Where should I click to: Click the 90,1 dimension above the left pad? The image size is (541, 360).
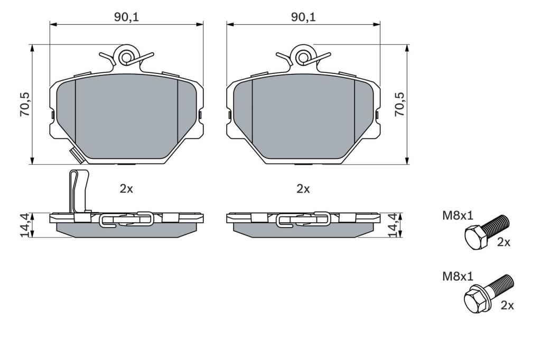pyautogui.click(x=127, y=17)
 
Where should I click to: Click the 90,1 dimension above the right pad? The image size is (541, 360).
pyautogui.click(x=303, y=17)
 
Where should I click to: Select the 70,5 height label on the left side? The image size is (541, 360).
pyautogui.click(x=25, y=104)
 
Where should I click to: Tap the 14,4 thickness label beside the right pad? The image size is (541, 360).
pyautogui.click(x=394, y=225)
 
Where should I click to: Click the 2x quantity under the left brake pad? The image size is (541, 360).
pyautogui.click(x=126, y=188)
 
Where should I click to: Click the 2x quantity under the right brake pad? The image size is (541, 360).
pyautogui.click(x=303, y=188)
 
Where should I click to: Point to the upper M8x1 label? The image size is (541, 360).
pyautogui.click(x=458, y=216)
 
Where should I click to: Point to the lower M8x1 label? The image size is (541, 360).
pyautogui.click(x=458, y=276)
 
